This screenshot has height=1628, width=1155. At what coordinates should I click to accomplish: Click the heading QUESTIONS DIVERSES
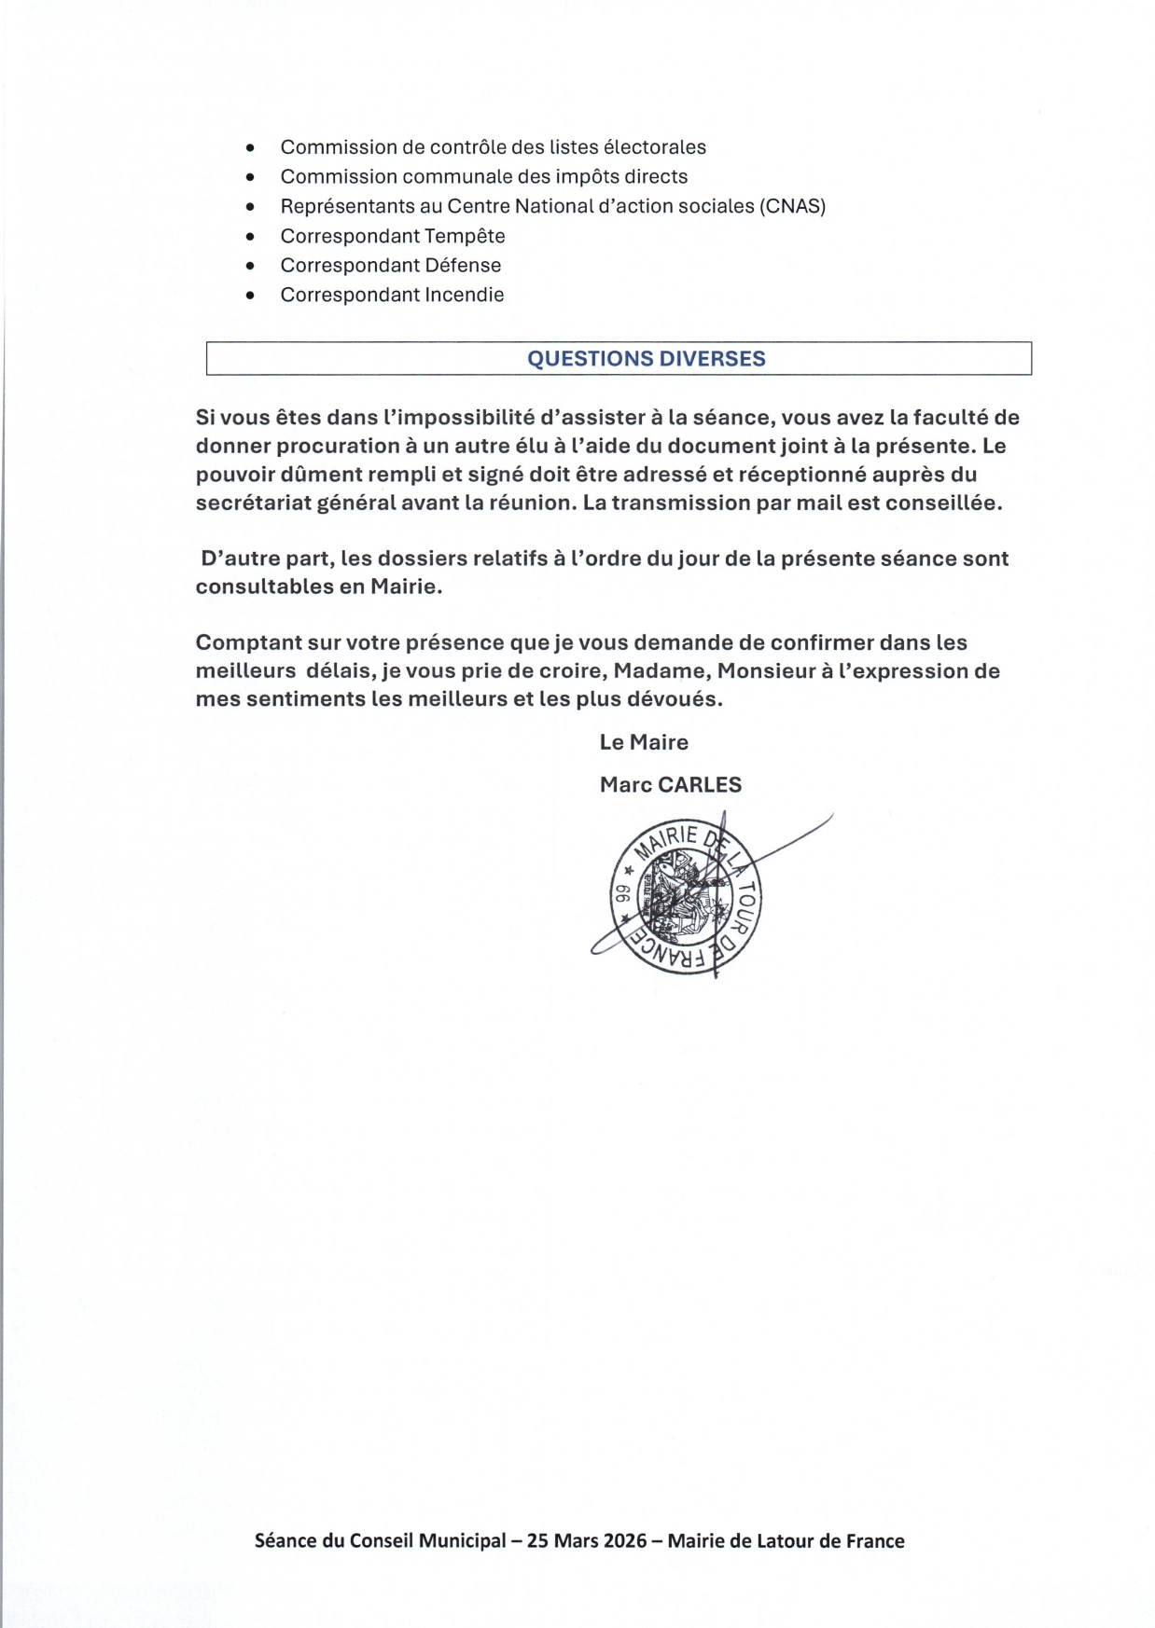click(646, 359)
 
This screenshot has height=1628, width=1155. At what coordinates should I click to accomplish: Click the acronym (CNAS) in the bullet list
click(793, 206)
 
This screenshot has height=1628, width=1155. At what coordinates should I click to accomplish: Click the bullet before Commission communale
click(249, 177)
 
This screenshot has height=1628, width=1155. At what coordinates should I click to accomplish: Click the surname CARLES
click(700, 785)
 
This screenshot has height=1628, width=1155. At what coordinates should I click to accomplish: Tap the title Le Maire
click(644, 742)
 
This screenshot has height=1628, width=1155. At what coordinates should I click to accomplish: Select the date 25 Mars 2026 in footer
click(587, 1540)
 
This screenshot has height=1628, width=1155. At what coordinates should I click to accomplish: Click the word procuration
click(334, 446)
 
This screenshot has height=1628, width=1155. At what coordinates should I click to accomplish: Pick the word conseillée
click(945, 503)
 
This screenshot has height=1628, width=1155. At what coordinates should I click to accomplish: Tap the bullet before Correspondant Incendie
click(249, 296)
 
